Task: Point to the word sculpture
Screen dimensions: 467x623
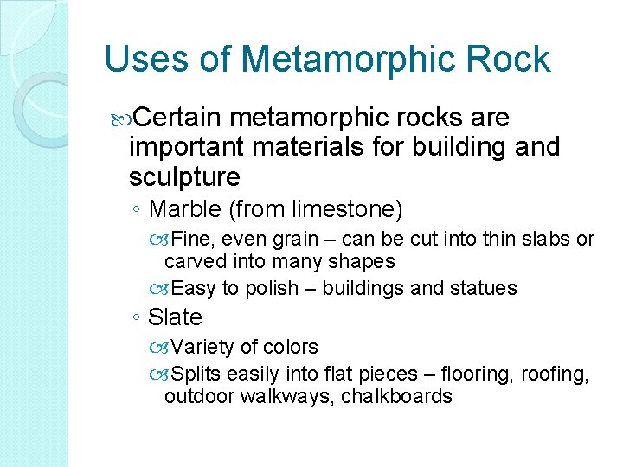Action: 184,177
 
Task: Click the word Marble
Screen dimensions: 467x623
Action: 184,208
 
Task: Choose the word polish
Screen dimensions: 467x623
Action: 273,288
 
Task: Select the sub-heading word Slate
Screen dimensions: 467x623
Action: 175,317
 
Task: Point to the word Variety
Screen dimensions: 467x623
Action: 202,347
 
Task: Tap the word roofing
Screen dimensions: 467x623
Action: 557,374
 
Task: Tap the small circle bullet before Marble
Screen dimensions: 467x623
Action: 139,209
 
